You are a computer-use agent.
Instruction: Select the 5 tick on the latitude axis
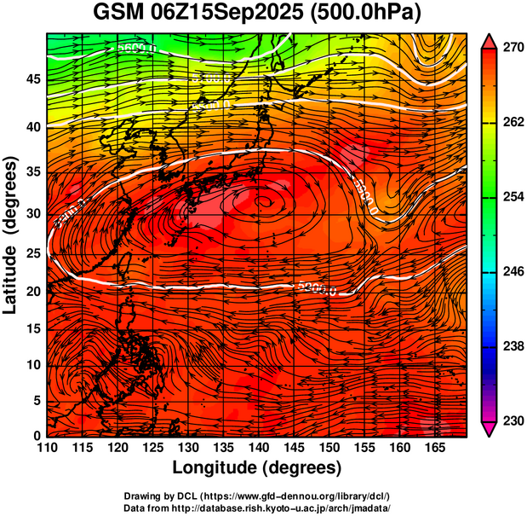36,400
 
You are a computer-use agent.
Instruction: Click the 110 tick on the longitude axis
47,448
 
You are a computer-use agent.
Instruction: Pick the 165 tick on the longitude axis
432,448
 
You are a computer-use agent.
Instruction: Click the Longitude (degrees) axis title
257,467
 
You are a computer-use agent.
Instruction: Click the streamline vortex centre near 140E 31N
264,202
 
